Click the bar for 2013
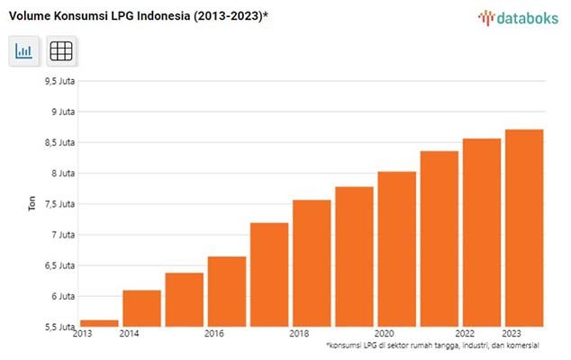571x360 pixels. point(99,323)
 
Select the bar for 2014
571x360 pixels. point(141,308)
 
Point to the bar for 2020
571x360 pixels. point(396,248)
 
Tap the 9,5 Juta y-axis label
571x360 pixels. point(59,81)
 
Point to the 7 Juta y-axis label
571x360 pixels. point(62,235)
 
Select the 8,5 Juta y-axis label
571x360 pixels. point(59,142)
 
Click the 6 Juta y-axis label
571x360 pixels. point(62,296)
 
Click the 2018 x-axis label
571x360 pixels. point(300,334)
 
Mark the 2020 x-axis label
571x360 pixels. point(385,334)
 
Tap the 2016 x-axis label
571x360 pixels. point(214,334)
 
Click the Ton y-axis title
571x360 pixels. point(31,204)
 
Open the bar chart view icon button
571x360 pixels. point(24,51)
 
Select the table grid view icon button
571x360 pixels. point(61,51)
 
